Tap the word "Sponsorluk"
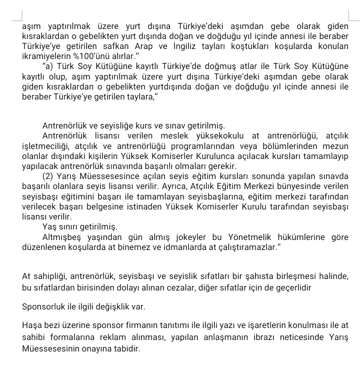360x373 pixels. pyautogui.click(x=43, y=306)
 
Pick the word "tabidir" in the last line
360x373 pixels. pyautogui.click(x=126, y=347)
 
